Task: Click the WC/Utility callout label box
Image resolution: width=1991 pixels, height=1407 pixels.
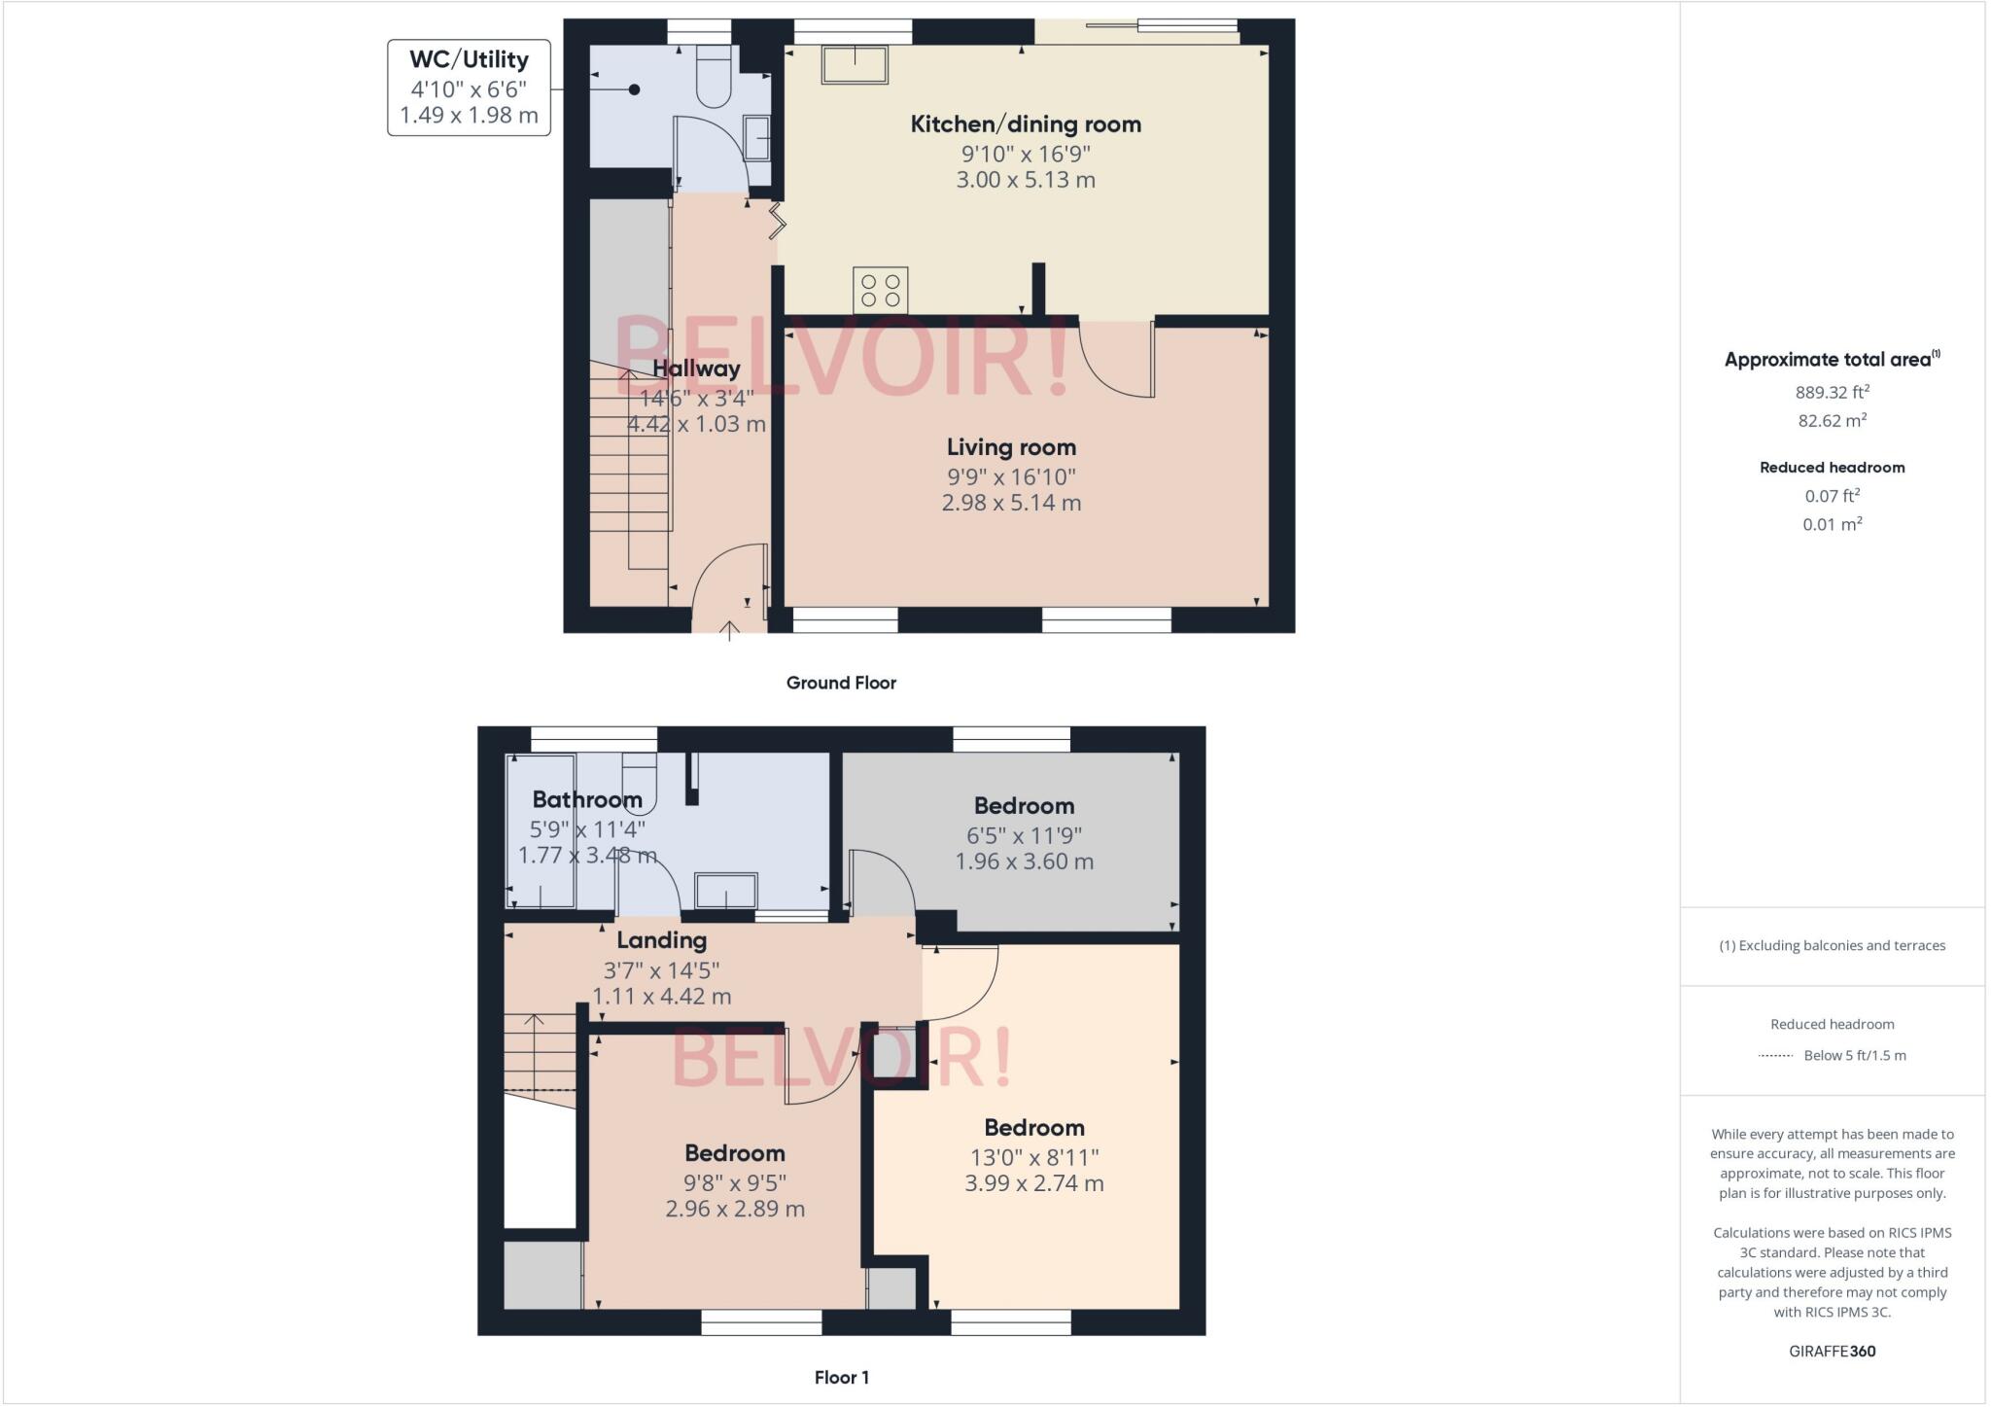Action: coord(469,88)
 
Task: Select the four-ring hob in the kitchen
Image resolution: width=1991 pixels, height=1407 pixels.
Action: coord(881,290)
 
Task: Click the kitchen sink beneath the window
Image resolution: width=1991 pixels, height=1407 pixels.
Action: coord(855,65)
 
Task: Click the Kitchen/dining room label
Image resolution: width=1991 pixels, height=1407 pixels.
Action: coord(1026,124)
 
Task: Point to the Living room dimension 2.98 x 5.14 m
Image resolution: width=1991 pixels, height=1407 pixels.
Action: coord(1011,503)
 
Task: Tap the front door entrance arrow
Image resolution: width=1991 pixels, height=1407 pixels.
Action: coord(729,631)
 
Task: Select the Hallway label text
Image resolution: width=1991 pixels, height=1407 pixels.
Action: coord(696,369)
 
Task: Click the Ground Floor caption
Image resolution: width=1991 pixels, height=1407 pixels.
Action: coord(841,683)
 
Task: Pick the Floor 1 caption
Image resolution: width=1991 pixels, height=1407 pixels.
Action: coord(841,1377)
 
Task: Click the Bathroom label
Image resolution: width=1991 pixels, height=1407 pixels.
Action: coord(587,799)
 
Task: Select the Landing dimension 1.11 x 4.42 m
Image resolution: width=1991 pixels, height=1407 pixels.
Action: coord(662,997)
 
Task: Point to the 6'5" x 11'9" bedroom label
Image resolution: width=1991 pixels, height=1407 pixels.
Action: coord(1024,834)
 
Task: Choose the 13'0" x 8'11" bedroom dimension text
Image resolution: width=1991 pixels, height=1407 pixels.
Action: coord(1034,1157)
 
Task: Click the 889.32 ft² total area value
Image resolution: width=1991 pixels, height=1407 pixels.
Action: coord(1832,393)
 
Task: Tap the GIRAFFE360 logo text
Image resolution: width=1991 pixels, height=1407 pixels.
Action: coord(1832,1352)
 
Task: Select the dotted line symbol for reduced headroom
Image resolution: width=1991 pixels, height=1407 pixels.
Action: coord(1775,1056)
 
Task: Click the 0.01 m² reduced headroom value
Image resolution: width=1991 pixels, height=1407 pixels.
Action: coord(1832,524)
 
